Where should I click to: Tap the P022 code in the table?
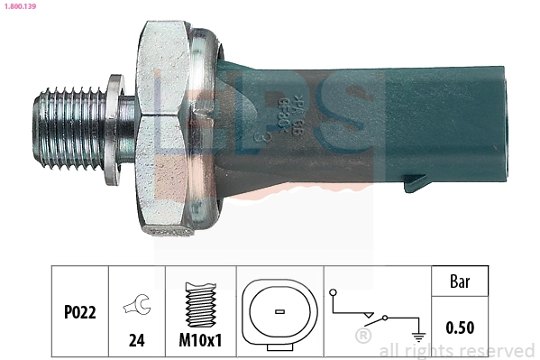click(x=79, y=312)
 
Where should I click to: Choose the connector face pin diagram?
click(x=279, y=311)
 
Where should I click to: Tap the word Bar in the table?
click(x=461, y=281)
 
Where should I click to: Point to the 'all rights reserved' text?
click(x=457, y=350)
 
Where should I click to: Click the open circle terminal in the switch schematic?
click(x=334, y=293)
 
